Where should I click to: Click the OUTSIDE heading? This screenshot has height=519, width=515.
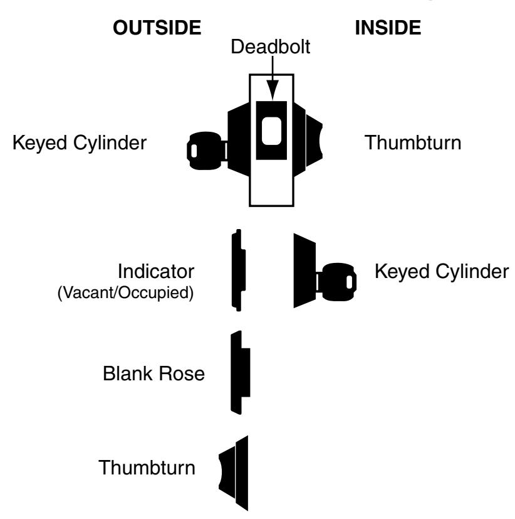tap(157, 28)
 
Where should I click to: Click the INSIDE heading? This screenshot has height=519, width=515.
tap(388, 28)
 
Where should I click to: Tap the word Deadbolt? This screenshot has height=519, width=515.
tap(270, 46)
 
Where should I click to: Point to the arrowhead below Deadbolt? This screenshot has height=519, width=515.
tap(273, 90)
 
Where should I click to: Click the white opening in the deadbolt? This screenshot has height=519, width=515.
tap(271, 131)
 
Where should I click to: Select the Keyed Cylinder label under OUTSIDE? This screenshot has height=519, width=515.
tap(80, 143)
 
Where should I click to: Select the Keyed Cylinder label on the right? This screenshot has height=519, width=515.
tap(442, 272)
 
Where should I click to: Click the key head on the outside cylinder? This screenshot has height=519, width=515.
tap(204, 151)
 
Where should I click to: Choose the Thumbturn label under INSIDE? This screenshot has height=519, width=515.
tap(413, 142)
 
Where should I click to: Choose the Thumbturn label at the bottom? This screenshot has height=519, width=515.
tap(147, 468)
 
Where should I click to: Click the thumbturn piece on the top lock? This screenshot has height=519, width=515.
tap(314, 141)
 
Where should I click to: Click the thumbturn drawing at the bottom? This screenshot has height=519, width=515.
tap(234, 473)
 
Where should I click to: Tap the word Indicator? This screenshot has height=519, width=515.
tap(156, 271)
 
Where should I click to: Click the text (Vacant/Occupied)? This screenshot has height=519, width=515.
tap(125, 292)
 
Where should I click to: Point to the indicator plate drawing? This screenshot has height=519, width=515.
tap(238, 270)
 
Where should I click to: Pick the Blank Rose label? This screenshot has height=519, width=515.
tap(153, 373)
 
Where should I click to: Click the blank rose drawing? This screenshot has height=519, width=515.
tap(239, 372)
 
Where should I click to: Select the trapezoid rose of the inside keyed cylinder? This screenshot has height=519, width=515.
tap(304, 270)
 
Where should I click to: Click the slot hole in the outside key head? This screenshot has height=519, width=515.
tap(194, 151)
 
